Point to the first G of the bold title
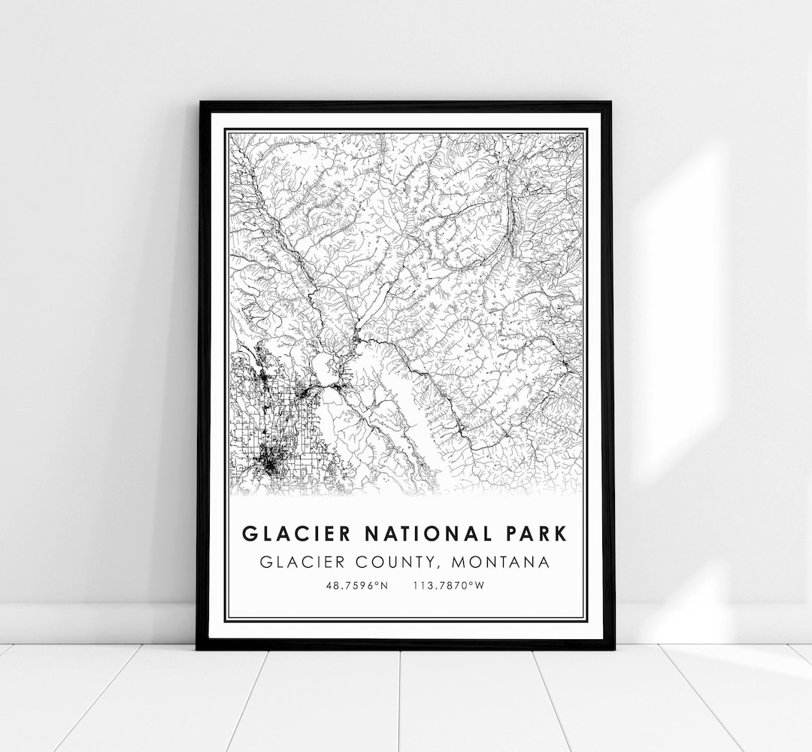tap(250, 534)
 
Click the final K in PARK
tap(561, 534)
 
